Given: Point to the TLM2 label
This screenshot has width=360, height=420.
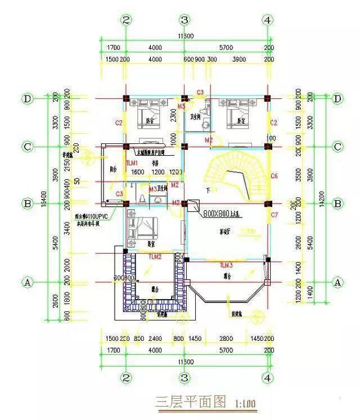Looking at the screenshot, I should (155, 256).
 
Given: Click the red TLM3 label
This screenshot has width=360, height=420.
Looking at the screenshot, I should (226, 264).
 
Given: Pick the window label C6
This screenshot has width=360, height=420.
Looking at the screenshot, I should (274, 176).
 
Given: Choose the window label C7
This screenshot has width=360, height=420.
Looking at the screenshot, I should (274, 215).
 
